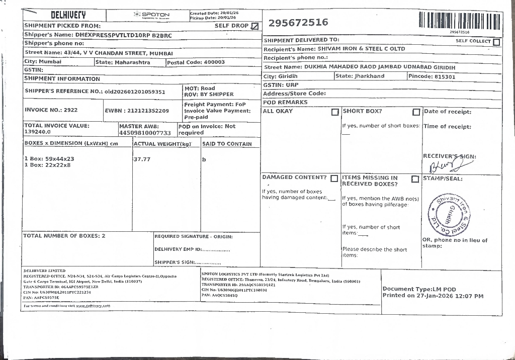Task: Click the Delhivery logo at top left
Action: click(68, 16)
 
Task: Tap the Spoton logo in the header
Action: click(152, 15)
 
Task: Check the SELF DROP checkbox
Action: click(255, 26)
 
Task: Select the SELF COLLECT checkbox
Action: click(496, 42)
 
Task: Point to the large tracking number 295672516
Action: click(298, 23)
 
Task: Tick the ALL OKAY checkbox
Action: click(335, 112)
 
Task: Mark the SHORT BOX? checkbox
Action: click(416, 112)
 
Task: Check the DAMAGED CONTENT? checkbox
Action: click(334, 178)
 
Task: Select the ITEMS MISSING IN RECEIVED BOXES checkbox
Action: click(415, 179)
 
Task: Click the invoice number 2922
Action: click(71, 110)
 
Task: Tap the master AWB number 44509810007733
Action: click(145, 133)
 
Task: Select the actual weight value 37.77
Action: click(142, 159)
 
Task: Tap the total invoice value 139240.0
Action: click(38, 132)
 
